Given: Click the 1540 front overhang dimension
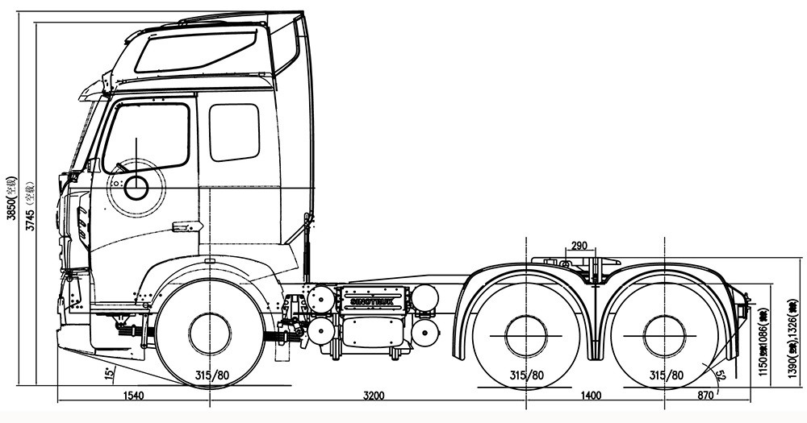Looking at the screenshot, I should tap(133, 395).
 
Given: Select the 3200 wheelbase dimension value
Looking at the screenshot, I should tap(374, 395).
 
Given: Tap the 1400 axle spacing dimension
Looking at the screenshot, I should tap(592, 395).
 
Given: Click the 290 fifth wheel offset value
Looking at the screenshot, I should tap(579, 245).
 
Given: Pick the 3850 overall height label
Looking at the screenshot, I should tap(11, 197).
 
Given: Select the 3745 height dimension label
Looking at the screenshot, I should tap(29, 205).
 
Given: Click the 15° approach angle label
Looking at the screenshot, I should tap(108, 373).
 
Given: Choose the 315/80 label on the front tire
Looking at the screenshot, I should tap(211, 375).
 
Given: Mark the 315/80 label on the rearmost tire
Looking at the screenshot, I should tap(667, 375).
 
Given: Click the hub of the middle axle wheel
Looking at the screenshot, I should tap(526, 333).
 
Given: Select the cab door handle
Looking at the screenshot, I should tap(186, 226).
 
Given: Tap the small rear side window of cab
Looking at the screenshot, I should tap(234, 132).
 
